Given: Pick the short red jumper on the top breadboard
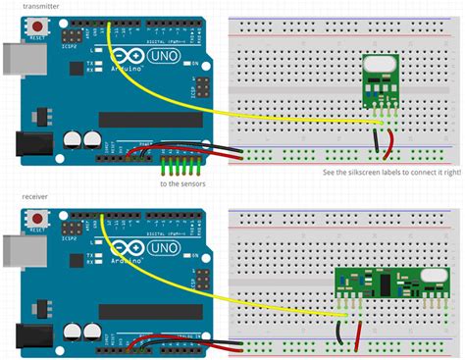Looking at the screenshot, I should click(389, 145).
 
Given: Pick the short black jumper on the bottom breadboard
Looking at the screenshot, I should click(339, 335).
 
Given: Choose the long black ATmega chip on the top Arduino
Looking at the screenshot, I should click(147, 116).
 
